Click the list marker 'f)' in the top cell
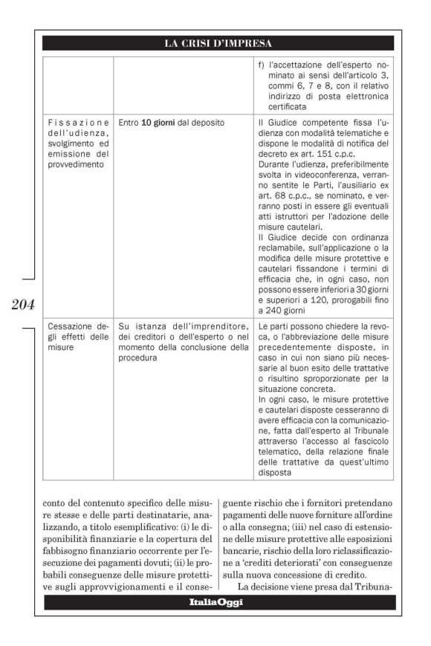262,66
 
